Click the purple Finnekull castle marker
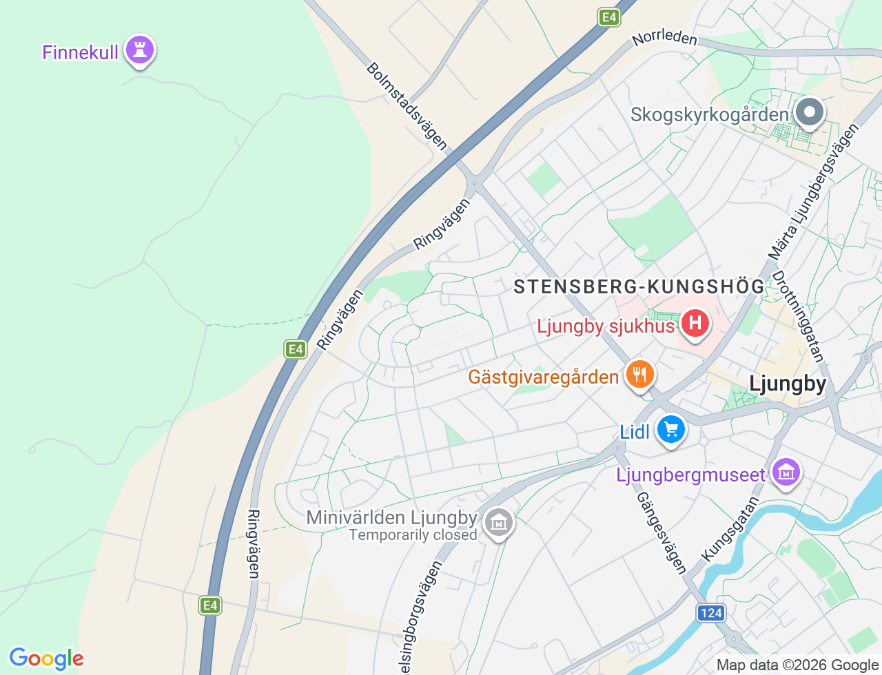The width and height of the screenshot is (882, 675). click(x=141, y=50)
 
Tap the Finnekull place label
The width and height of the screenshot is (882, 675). click(x=80, y=52)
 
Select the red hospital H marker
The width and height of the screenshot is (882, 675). click(x=695, y=323)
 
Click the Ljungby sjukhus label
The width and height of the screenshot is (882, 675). click(x=606, y=326)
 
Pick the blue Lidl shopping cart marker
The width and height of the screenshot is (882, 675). click(x=671, y=430)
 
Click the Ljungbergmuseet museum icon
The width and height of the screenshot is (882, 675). click(x=786, y=473)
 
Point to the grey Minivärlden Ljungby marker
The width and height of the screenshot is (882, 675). click(x=498, y=523)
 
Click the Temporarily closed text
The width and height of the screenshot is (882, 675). click(x=413, y=535)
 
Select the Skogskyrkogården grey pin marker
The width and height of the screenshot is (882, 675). click(x=810, y=112)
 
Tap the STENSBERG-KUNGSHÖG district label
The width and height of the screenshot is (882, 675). click(x=639, y=287)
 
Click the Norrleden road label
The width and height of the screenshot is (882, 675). click(x=665, y=38)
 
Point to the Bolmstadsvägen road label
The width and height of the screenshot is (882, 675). click(x=407, y=107)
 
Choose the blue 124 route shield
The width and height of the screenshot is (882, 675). click(x=710, y=613)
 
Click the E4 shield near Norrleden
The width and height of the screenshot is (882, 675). click(x=608, y=17)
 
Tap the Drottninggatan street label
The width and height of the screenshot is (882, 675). click(x=798, y=316)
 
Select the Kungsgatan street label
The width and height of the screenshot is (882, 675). click(x=730, y=529)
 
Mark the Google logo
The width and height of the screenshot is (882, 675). click(x=46, y=658)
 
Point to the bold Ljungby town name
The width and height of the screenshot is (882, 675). click(x=788, y=384)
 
